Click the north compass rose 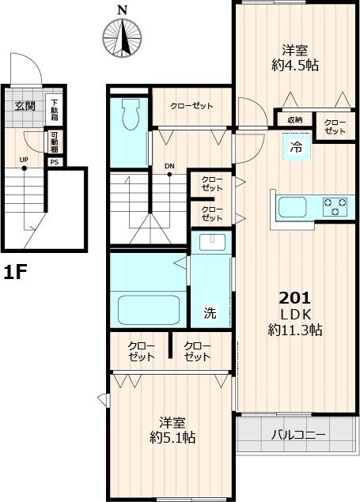click(x=122, y=38)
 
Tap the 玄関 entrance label click(x=25, y=106)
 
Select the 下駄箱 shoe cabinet click(x=55, y=110)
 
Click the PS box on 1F click(x=55, y=162)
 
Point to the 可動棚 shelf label click(x=55, y=142)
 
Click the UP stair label click(x=24, y=160)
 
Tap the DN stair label click(x=169, y=166)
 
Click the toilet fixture click(x=131, y=114)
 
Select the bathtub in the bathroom click(x=148, y=310)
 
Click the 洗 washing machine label click(x=210, y=313)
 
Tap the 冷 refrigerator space click(x=296, y=147)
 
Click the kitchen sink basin click(x=293, y=207)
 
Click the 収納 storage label click(x=295, y=120)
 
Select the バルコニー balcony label click(x=298, y=435)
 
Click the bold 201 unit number click(x=295, y=298)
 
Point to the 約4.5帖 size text click(x=295, y=66)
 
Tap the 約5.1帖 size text click(x=172, y=437)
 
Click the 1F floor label click(x=15, y=273)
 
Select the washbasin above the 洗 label click(x=212, y=242)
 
